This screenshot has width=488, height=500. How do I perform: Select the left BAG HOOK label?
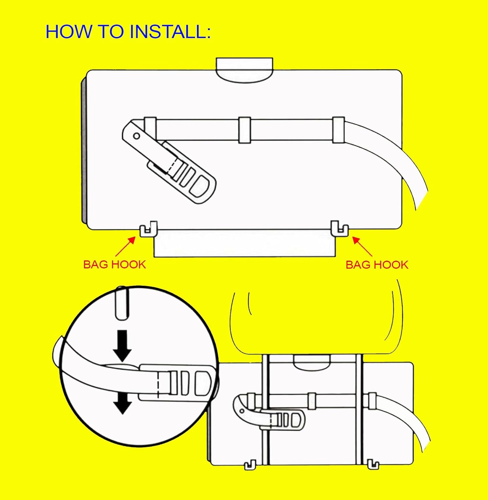[114, 265]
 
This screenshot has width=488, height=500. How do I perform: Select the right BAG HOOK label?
[377, 265]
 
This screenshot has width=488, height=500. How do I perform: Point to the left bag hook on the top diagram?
[148, 229]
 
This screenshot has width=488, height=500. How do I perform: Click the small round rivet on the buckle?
[137, 136]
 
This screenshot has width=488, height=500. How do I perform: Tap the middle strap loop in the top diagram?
[244, 130]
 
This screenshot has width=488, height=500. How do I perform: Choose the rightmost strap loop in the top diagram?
[338, 130]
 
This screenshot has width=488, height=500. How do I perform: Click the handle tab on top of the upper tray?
[244, 70]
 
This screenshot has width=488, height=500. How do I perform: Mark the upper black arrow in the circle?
[122, 345]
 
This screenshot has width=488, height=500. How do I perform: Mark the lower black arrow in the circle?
[122, 403]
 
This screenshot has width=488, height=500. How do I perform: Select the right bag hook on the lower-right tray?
[373, 464]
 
